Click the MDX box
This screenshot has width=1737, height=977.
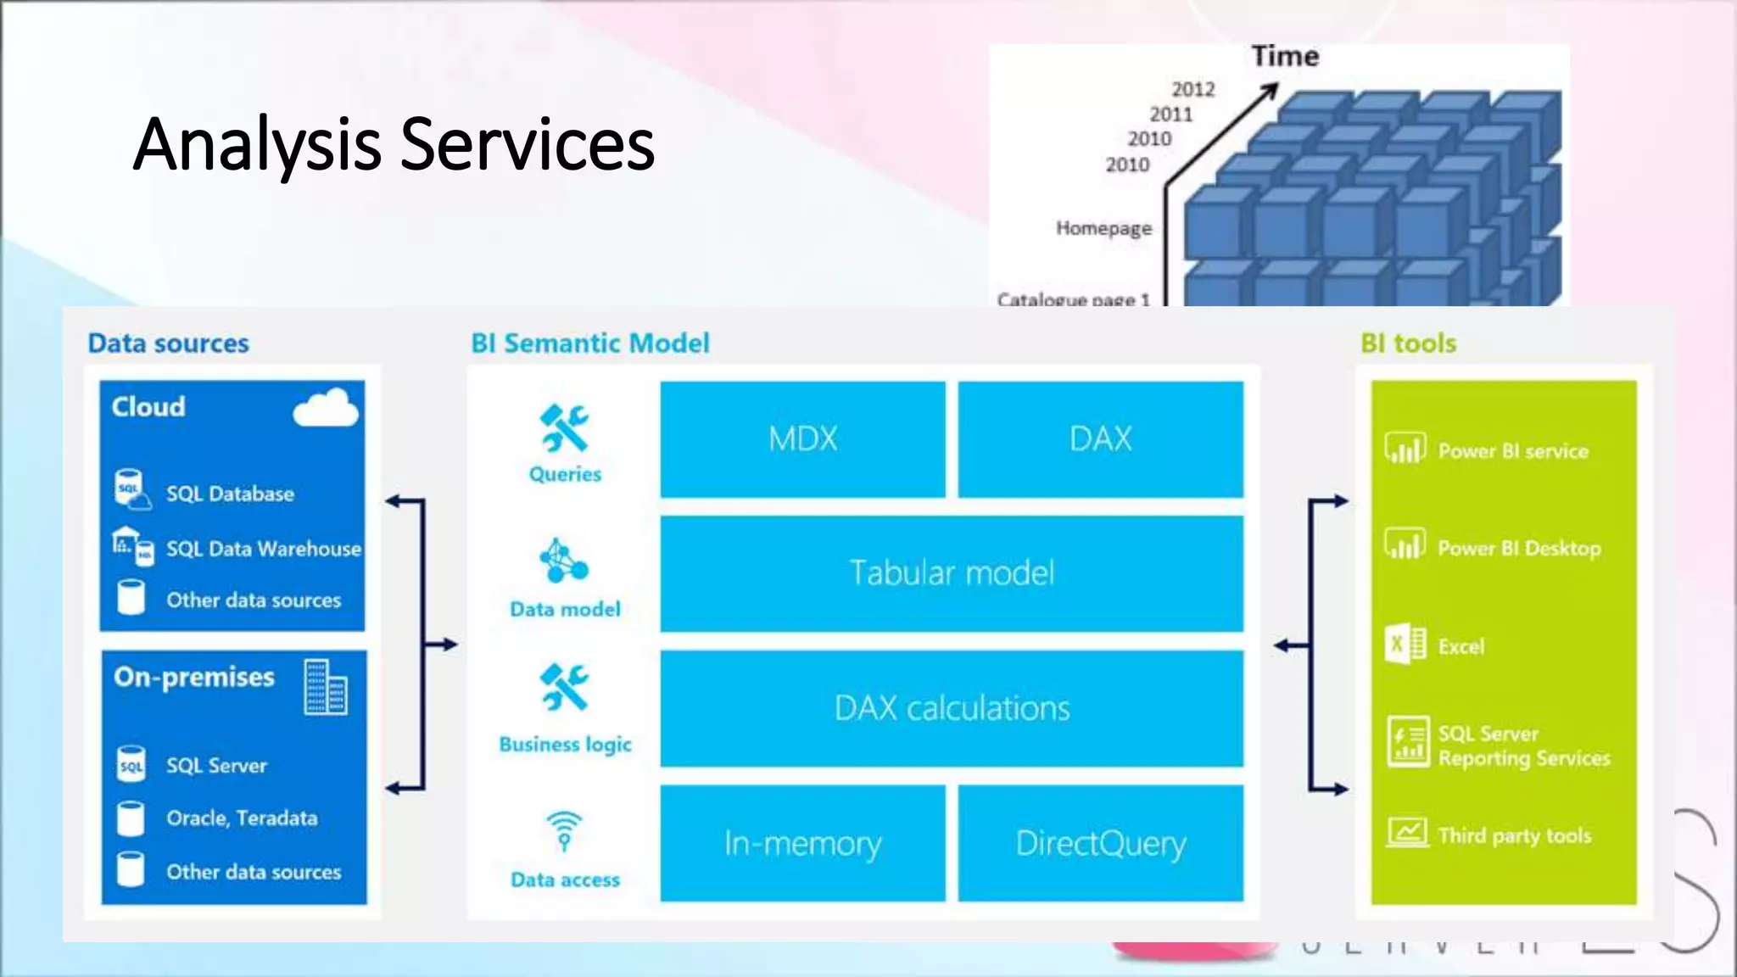(802, 439)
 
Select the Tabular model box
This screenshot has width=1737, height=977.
(952, 573)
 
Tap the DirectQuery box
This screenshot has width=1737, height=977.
(1100, 843)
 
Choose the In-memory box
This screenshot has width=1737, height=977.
(802, 843)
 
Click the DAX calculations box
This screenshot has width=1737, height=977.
(952, 708)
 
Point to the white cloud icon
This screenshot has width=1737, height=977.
(326, 409)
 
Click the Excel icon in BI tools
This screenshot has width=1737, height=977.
(1405, 645)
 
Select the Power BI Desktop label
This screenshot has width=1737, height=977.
(1519, 549)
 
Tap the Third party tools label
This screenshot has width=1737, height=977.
(1514, 836)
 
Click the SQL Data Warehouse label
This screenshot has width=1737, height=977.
(263, 550)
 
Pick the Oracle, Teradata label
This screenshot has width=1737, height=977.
(242, 818)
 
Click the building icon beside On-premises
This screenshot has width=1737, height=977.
(325, 687)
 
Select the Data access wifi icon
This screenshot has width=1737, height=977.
(564, 829)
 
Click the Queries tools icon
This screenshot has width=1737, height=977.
(564, 427)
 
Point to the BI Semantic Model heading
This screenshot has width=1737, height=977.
(589, 343)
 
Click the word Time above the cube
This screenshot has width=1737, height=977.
(1285, 57)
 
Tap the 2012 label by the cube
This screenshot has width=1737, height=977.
(1192, 90)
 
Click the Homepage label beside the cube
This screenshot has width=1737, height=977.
(1103, 228)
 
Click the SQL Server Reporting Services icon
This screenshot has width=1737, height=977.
(1407, 741)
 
